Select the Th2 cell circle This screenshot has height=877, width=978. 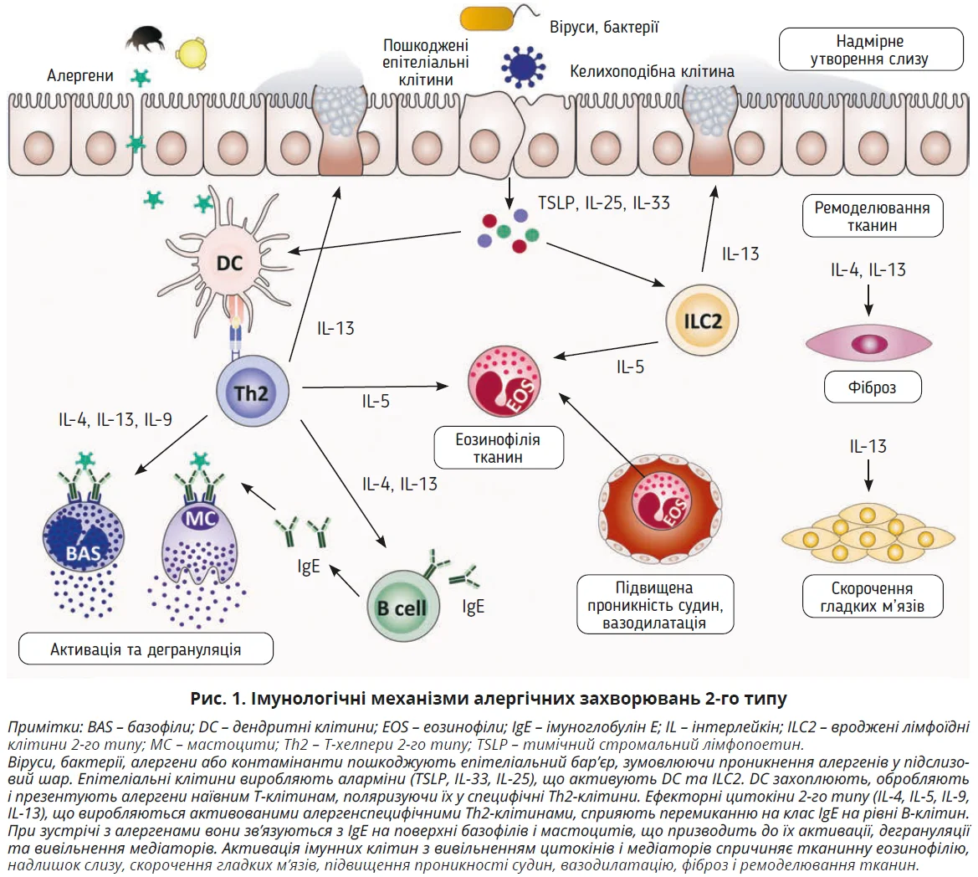(252, 392)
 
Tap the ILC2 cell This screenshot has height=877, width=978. (702, 321)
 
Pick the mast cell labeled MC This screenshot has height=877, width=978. (200, 536)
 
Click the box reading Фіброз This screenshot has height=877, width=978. (871, 387)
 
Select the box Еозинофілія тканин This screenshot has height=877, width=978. (497, 448)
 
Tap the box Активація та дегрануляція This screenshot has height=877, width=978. (146, 649)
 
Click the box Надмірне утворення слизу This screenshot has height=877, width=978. (869, 49)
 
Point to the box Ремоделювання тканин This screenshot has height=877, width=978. (871, 216)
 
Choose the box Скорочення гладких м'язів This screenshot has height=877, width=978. (872, 597)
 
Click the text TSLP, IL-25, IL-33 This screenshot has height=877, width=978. (603, 203)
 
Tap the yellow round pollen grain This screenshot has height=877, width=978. (191, 52)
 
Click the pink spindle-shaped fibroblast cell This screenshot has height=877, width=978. (868, 342)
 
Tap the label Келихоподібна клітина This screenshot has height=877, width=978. (652, 71)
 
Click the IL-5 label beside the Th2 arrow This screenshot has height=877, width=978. (376, 401)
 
